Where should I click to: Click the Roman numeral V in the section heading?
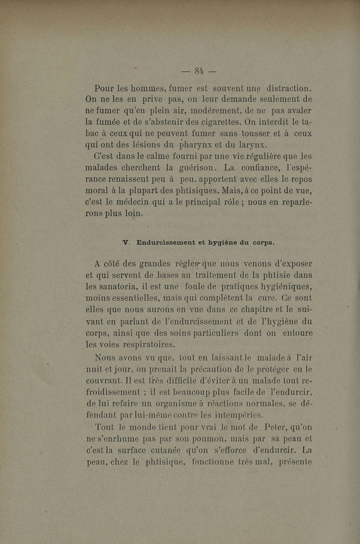pyautogui.click(x=126, y=243)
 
